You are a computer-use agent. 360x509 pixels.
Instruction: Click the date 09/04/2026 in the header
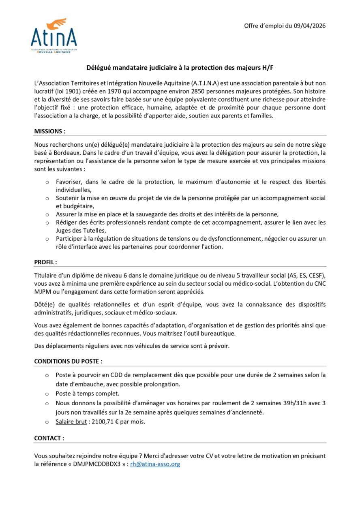309,26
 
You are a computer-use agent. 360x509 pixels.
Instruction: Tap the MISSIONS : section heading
49,132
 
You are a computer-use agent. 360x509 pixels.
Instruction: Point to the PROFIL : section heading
45,262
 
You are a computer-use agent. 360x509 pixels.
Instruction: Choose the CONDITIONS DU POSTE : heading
68,361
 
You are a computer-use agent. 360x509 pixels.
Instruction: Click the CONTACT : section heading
49,438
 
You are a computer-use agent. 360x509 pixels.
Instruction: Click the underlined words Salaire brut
71,421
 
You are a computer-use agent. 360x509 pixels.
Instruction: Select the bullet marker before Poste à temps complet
47,394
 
